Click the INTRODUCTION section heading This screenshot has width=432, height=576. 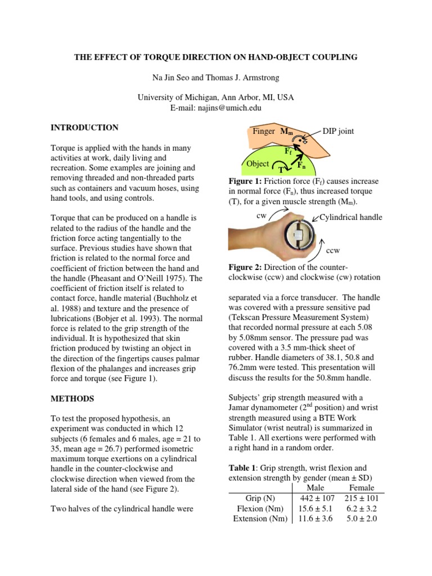tap(84, 128)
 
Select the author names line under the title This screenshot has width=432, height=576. tap(216, 77)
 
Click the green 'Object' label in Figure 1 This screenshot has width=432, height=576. tap(258, 164)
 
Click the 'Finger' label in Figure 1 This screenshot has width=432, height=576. tap(264, 131)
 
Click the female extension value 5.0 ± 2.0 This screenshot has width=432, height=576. tap(362, 518)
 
